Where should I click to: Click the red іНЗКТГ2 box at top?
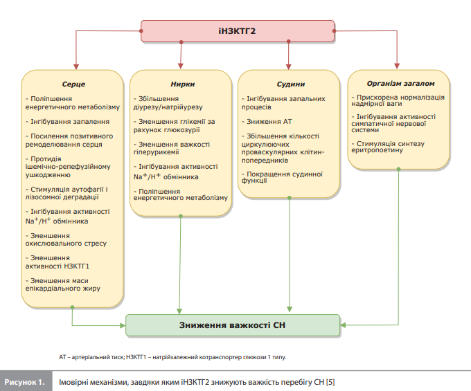click(x=238, y=31)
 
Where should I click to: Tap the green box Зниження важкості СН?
click(x=233, y=325)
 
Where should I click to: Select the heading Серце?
click(x=73, y=84)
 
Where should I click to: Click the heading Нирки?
click(x=183, y=84)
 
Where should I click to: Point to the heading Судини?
click(x=291, y=84)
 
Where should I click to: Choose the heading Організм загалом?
click(x=401, y=84)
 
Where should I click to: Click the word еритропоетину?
click(x=377, y=150)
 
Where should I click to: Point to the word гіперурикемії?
click(x=157, y=152)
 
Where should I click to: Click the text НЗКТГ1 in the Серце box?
click(x=77, y=266)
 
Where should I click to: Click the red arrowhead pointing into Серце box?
click(x=76, y=66)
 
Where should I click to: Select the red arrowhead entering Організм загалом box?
click(x=397, y=66)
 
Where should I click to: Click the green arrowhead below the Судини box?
click(x=290, y=309)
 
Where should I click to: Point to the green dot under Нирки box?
click(x=181, y=216)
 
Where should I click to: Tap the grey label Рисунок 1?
click(x=25, y=382)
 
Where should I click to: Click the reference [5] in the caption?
click(x=330, y=382)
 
